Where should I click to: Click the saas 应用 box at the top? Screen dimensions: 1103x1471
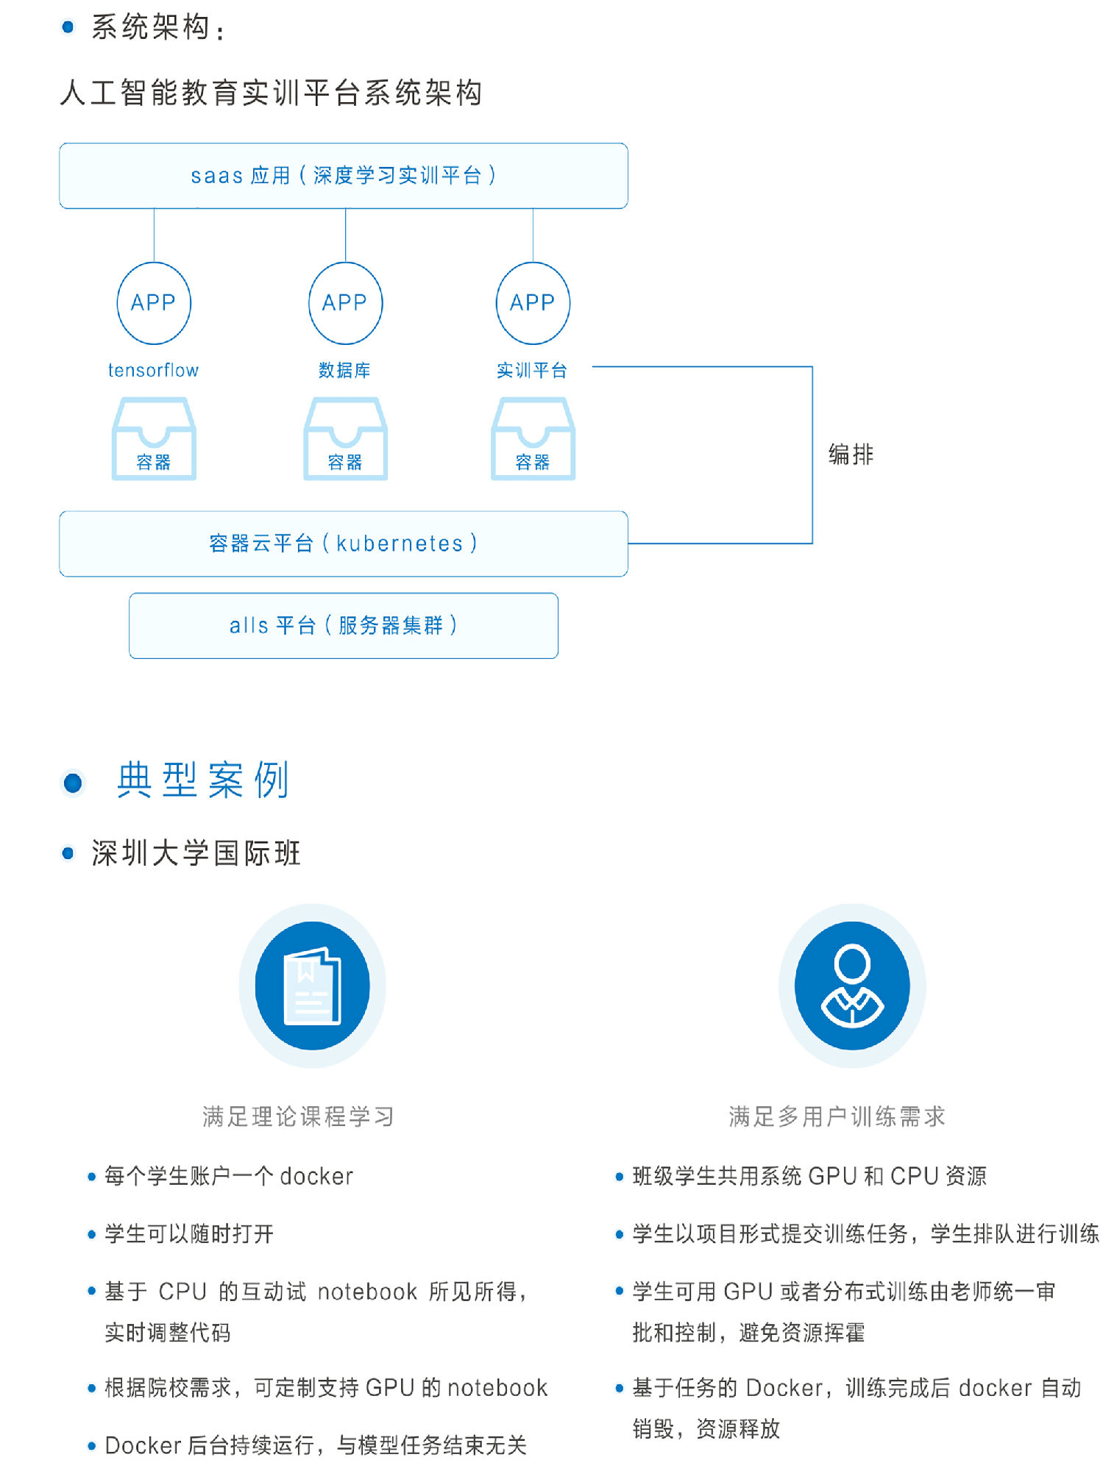tap(344, 176)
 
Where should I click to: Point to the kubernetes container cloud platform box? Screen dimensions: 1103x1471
tap(344, 544)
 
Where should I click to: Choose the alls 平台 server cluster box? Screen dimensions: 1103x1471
tap(344, 625)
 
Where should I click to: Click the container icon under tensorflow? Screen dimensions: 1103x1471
tap(154, 439)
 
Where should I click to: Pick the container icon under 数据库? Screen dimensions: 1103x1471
tap(345, 439)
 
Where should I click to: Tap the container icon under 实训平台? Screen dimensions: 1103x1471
tap(533, 439)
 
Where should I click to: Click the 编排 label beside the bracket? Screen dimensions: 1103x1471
tap(851, 455)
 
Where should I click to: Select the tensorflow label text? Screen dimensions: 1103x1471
tap(153, 370)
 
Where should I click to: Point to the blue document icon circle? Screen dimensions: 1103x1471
tap(313, 986)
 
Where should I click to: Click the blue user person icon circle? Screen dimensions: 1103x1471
tap(852, 986)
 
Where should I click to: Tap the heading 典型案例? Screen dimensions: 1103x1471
tap(204, 780)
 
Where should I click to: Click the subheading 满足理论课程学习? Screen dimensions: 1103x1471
tap(298, 1116)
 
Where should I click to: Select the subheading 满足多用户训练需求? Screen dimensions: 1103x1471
tap(837, 1116)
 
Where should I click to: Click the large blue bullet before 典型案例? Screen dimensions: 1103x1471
tap(73, 783)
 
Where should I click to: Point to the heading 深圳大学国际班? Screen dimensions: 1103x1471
tap(196, 853)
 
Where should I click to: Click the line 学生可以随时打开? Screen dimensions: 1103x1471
tap(189, 1233)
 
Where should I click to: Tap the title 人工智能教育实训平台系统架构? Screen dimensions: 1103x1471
tap(271, 93)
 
